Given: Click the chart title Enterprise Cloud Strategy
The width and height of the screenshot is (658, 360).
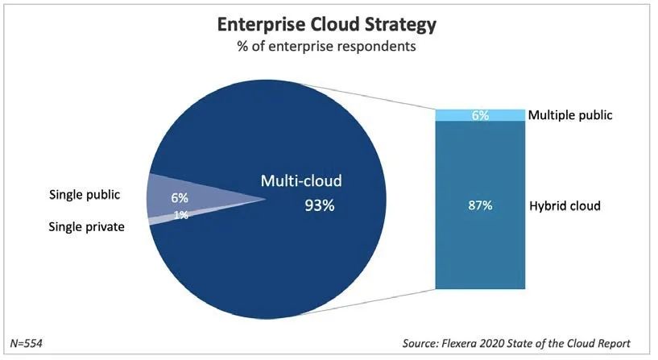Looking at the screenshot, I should [x=327, y=24].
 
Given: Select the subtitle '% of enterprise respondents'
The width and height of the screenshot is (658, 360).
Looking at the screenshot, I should [x=327, y=47].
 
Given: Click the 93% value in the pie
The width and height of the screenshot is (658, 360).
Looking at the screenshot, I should [x=318, y=205].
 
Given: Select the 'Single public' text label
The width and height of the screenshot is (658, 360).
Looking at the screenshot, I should [x=85, y=195].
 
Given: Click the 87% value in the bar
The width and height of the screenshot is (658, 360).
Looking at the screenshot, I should [x=481, y=205].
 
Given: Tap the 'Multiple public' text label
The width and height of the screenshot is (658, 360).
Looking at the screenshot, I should [x=570, y=115].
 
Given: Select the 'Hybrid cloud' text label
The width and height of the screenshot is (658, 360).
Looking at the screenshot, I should [x=565, y=206].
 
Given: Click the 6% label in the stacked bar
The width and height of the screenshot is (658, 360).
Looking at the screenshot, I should [x=481, y=115].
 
